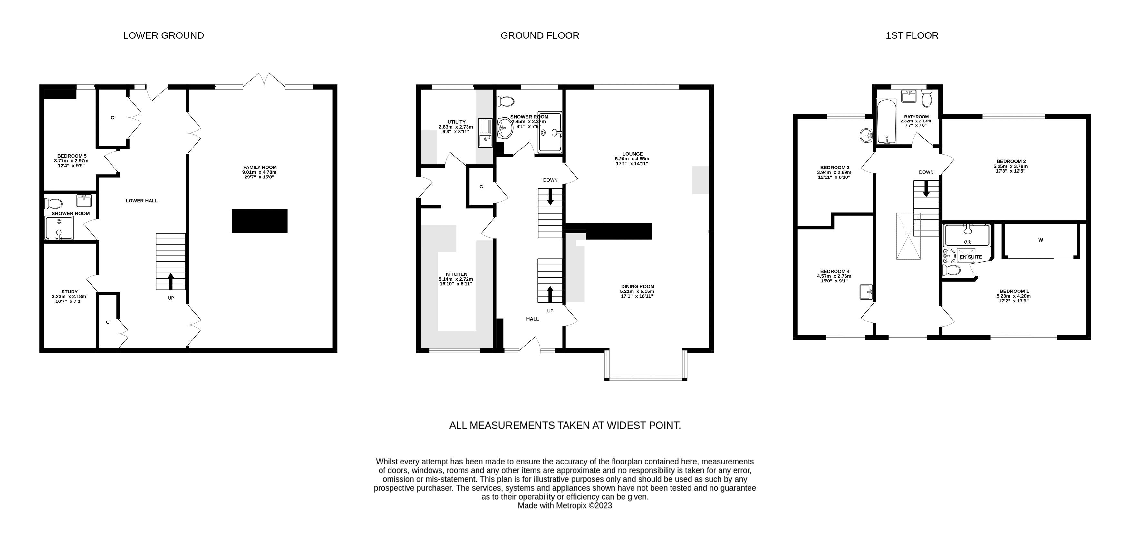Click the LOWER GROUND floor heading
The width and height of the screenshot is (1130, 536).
pyautogui.click(x=163, y=35)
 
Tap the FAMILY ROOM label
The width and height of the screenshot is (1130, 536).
pyautogui.click(x=260, y=167)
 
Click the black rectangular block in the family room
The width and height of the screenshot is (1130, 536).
pyautogui.click(x=259, y=221)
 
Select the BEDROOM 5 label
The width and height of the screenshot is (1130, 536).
pyautogui.click(x=72, y=156)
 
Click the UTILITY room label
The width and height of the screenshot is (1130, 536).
pyautogui.click(x=456, y=122)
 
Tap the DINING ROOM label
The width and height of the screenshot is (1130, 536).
pyautogui.click(x=637, y=286)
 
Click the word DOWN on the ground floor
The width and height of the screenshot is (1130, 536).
pyautogui.click(x=550, y=180)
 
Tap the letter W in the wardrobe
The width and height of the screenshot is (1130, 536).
pyautogui.click(x=1040, y=240)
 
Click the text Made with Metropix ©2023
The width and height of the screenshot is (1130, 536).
pyautogui.click(x=565, y=506)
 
